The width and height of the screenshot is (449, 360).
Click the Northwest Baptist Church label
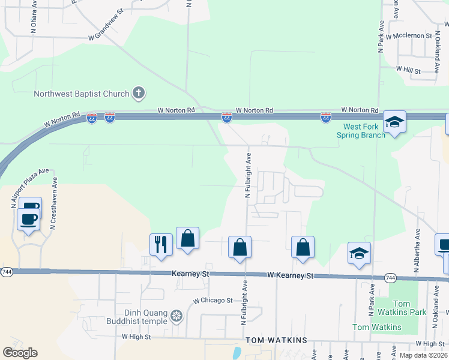point(82,94)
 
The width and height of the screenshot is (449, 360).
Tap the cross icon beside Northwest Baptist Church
point(139,93)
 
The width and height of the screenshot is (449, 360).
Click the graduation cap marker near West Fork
point(394,122)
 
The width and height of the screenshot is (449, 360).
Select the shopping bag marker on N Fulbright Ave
point(240,247)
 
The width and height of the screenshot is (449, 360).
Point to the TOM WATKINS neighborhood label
point(280,340)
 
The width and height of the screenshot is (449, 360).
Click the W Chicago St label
point(212,301)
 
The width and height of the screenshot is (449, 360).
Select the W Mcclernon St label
point(409,36)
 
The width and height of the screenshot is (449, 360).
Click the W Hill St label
point(408,70)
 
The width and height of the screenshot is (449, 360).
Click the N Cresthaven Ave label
point(53,203)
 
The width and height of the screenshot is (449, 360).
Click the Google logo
point(20,353)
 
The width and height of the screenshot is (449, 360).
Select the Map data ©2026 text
point(423,355)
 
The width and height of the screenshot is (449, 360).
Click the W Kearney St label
point(291,275)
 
